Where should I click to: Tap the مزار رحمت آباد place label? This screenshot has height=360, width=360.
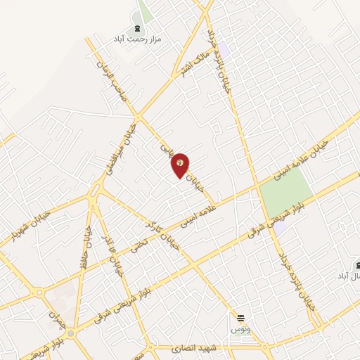point(138,39)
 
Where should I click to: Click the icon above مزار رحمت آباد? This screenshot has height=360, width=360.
point(136,28)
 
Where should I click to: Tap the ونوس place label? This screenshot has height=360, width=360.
point(240,329)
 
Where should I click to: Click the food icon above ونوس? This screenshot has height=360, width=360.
point(240,319)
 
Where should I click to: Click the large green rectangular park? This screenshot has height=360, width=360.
point(286,193)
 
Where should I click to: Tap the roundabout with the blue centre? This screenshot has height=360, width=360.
point(70,334)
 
